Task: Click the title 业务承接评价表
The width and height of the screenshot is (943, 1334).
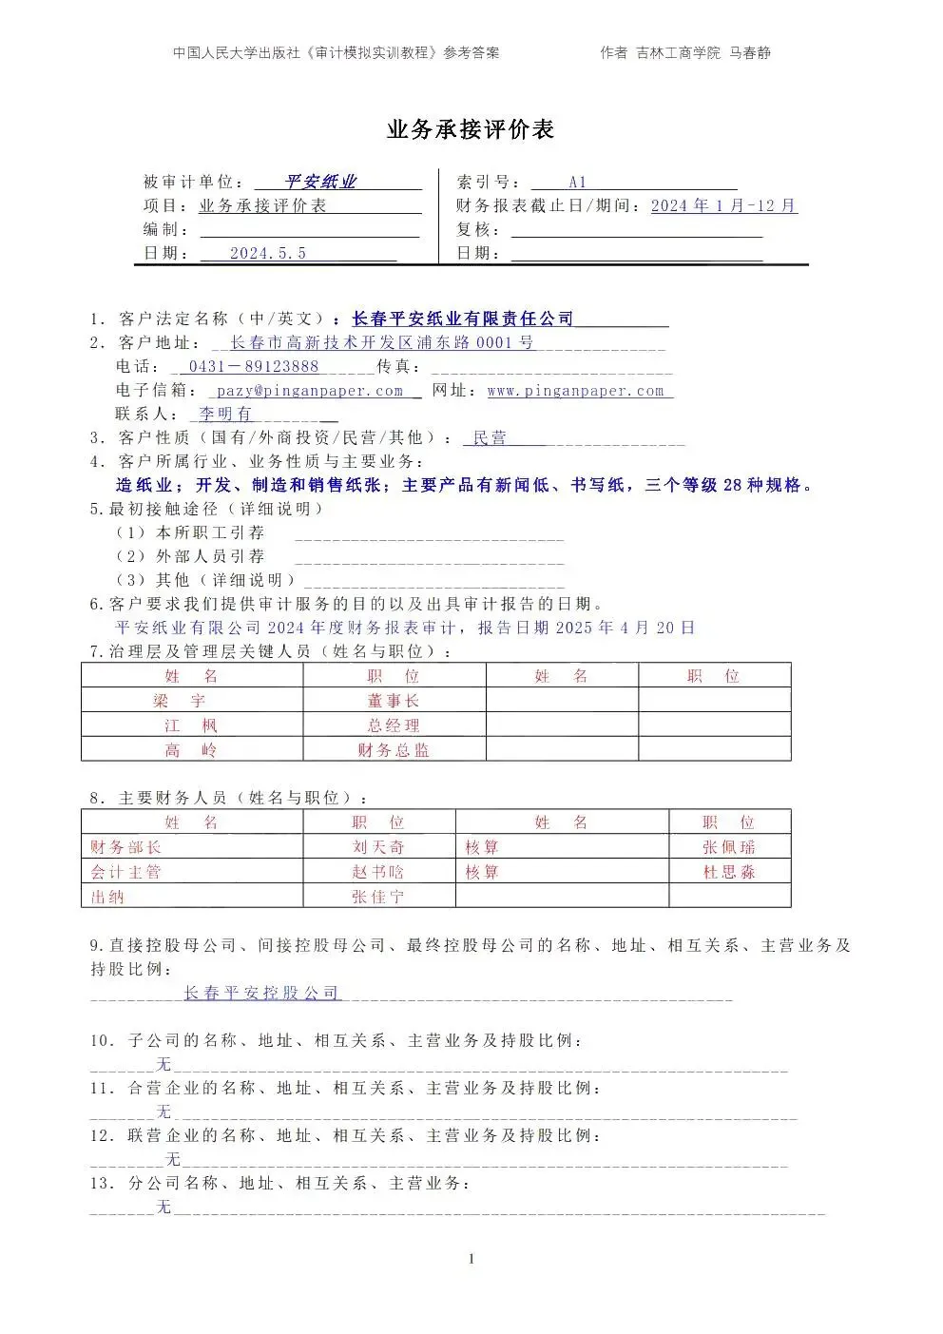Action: [471, 130]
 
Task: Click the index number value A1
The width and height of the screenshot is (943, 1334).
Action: [577, 183]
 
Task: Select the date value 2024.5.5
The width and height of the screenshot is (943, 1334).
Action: [268, 253]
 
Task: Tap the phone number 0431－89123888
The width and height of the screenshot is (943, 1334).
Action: [254, 366]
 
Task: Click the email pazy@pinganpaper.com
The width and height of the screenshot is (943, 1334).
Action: [310, 391]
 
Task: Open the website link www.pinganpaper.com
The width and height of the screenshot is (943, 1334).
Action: [575, 391]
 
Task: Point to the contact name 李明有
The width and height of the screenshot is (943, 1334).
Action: [225, 414]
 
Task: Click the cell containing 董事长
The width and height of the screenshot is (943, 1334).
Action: [394, 701]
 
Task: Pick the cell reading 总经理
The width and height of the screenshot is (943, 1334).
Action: [394, 725]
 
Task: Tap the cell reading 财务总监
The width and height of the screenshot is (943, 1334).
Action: [394, 750]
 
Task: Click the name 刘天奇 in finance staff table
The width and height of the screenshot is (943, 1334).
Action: [378, 847]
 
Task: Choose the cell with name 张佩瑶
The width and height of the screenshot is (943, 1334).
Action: [729, 847]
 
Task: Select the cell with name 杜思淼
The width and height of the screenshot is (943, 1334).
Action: [729, 872]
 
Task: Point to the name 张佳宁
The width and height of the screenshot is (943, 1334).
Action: [378, 897]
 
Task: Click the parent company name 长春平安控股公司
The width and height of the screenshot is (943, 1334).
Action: [261, 993]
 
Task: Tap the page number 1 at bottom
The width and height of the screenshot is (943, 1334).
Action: [471, 1259]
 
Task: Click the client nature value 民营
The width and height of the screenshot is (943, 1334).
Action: [491, 438]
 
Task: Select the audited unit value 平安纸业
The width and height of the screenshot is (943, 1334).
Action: [320, 183]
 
